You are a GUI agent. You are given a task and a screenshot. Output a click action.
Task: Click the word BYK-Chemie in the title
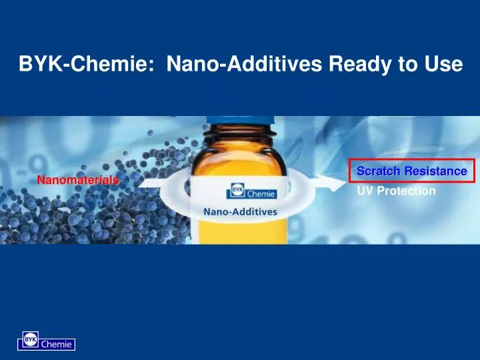(x=86, y=65)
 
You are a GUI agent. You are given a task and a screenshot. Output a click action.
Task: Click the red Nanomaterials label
(x=77, y=180)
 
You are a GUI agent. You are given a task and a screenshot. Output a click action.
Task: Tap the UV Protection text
(x=397, y=191)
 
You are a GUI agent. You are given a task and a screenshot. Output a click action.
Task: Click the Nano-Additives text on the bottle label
(x=240, y=211)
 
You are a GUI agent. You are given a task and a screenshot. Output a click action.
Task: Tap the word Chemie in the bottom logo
(x=57, y=345)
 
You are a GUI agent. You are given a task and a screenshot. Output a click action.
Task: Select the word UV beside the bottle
(x=365, y=191)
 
